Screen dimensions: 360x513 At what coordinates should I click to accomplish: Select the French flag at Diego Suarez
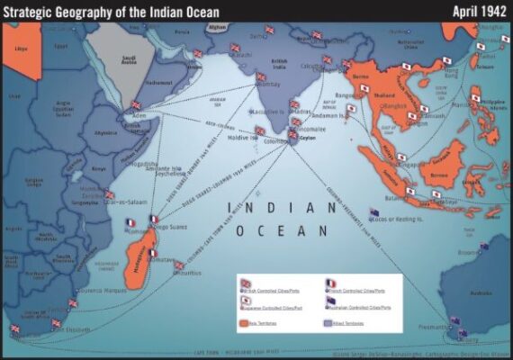click(x=154, y=219)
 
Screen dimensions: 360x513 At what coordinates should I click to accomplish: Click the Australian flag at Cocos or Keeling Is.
click(x=374, y=212)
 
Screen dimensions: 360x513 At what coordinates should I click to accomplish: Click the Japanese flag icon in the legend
click(x=244, y=302)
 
